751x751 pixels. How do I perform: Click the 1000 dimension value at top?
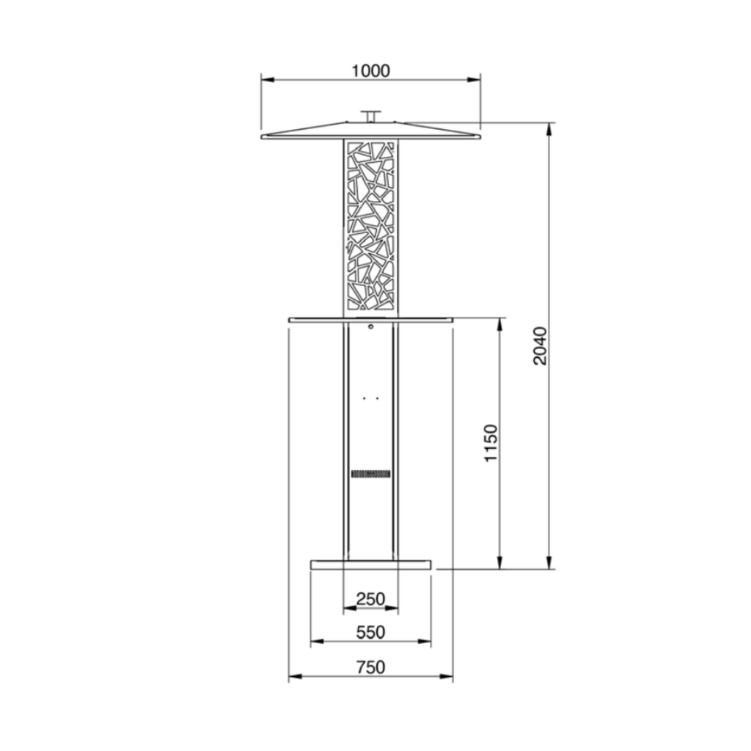[370, 70]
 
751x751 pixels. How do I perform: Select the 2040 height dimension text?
[539, 346]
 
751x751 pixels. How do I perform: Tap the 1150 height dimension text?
[491, 442]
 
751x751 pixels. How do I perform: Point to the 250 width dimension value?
[370, 599]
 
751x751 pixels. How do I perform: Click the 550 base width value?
[370, 632]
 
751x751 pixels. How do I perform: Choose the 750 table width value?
[370, 667]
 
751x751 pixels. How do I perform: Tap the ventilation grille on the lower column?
[370, 474]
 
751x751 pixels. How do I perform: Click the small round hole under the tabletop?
[371, 327]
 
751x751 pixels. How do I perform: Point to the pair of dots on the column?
[370, 399]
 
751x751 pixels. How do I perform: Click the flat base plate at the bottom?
[370, 564]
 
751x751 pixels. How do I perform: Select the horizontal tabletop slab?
[370, 319]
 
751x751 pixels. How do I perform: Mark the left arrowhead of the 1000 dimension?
[266, 80]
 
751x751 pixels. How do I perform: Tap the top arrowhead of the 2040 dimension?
[549, 127]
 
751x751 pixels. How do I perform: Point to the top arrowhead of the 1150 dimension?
[500, 323]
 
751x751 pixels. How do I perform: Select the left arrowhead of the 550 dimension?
[315, 643]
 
